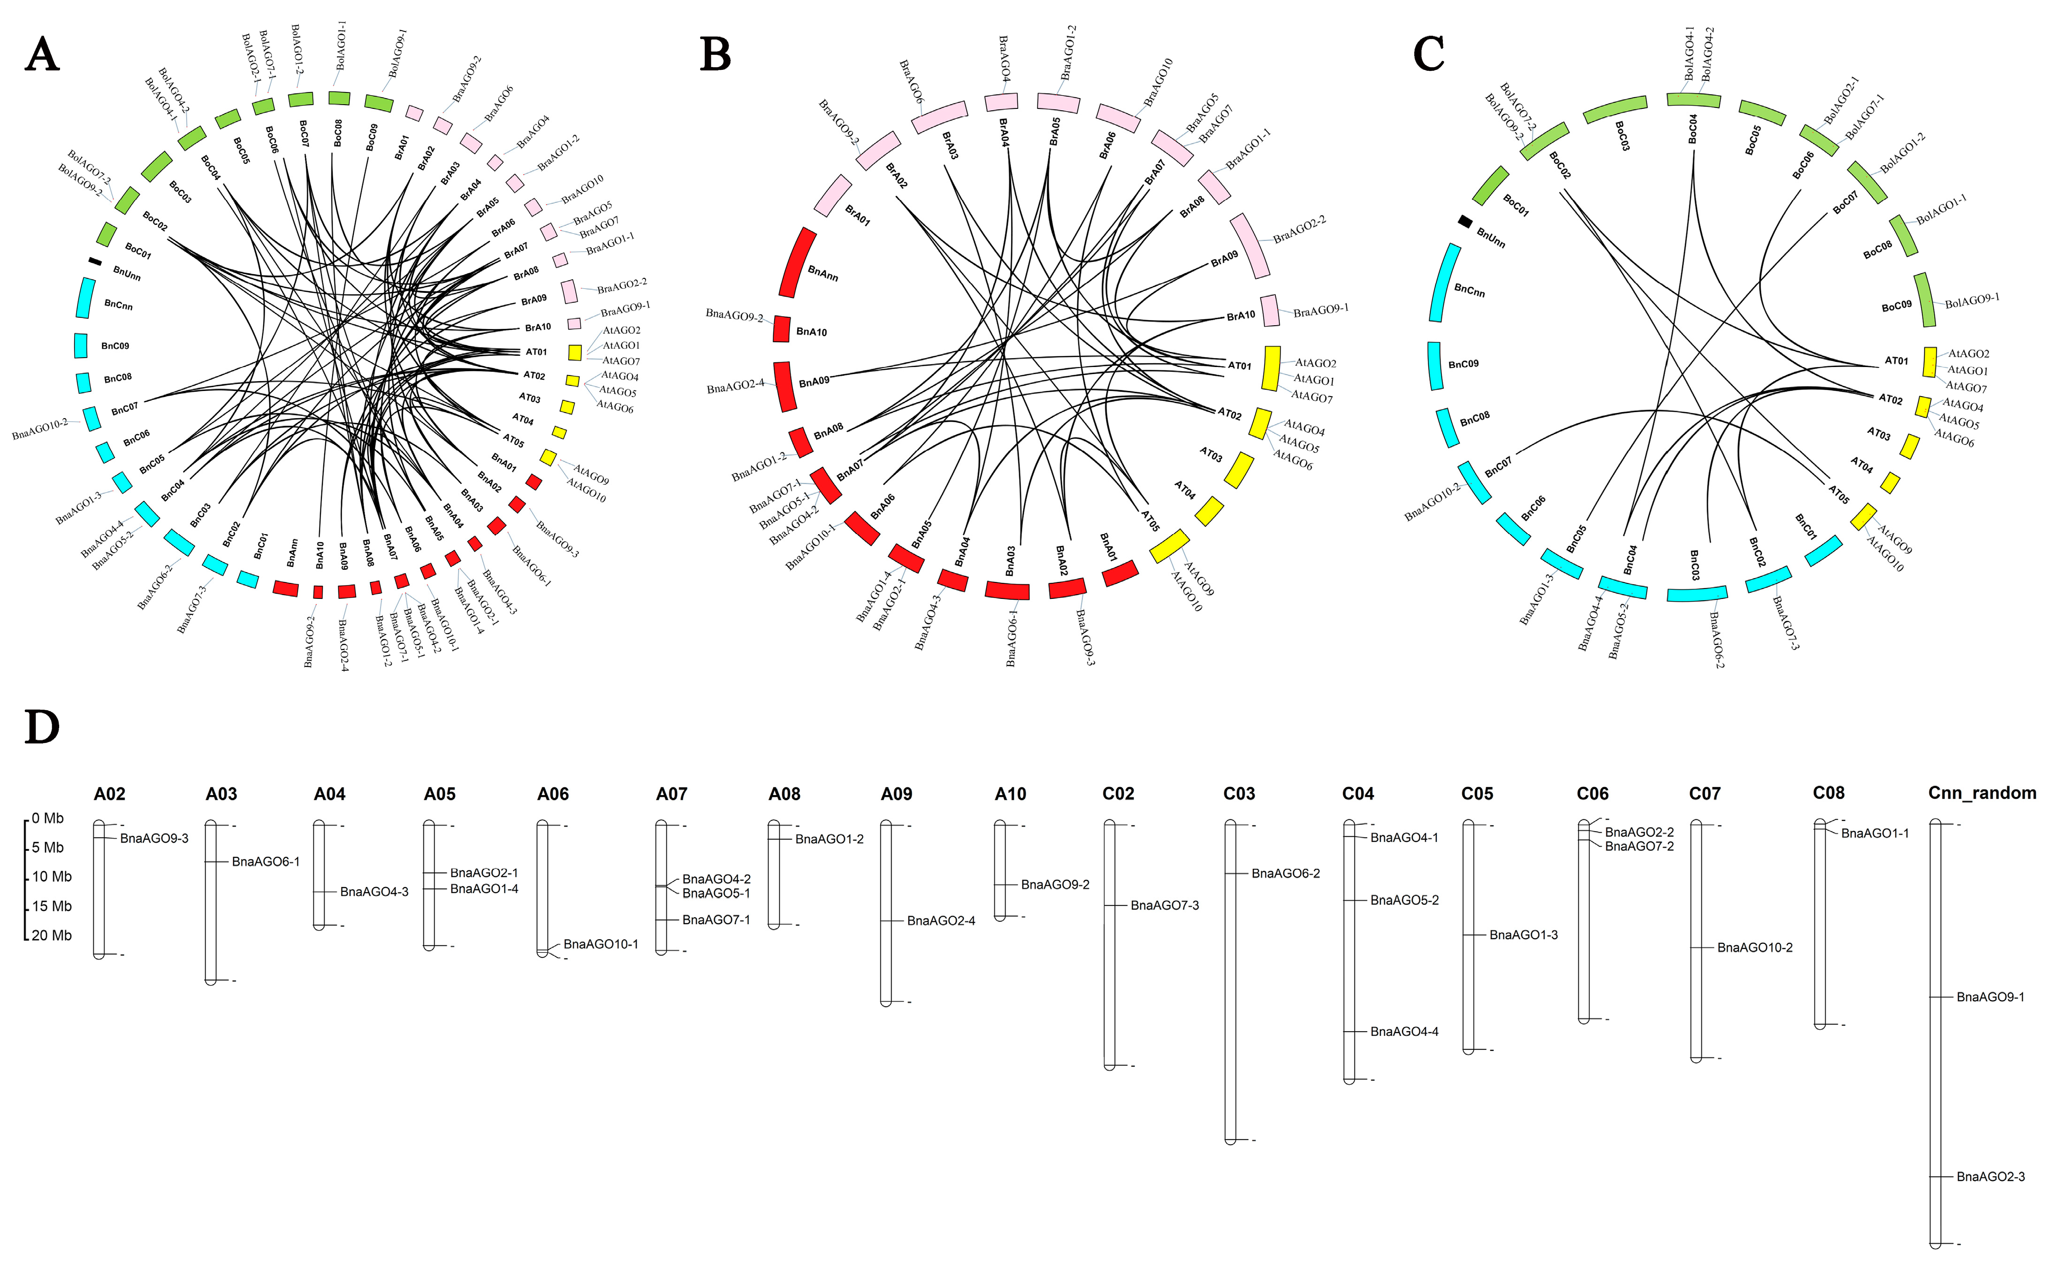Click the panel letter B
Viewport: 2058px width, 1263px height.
click(x=715, y=54)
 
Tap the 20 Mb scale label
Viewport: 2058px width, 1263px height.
click(x=52, y=935)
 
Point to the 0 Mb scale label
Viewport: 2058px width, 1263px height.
click(x=47, y=819)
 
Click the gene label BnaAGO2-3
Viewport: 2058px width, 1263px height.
click(x=1990, y=1177)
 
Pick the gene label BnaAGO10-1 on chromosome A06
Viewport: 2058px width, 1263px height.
click(x=601, y=945)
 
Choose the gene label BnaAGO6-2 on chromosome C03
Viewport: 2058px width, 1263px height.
click(x=1285, y=874)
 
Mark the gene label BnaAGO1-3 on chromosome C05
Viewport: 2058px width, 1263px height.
click(x=1524, y=935)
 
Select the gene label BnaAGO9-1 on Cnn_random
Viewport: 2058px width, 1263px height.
click(x=1990, y=997)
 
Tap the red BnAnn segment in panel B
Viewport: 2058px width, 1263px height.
click(x=798, y=262)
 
